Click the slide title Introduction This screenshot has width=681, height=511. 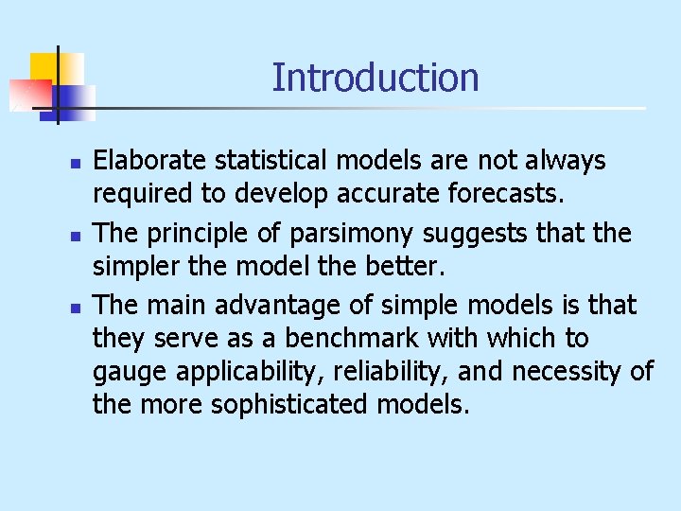(x=375, y=78)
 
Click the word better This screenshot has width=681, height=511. (x=407, y=266)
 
